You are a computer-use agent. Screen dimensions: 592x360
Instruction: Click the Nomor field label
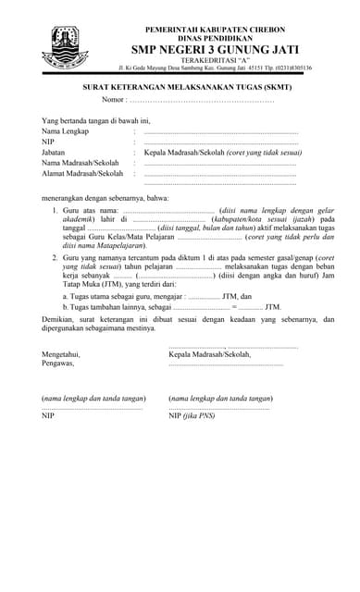pos(113,99)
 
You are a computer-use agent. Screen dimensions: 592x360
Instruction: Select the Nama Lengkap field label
pos(65,132)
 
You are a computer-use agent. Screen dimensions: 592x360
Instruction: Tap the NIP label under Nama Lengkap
pos(49,142)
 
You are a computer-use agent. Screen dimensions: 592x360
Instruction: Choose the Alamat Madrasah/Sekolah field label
pos(82,173)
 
